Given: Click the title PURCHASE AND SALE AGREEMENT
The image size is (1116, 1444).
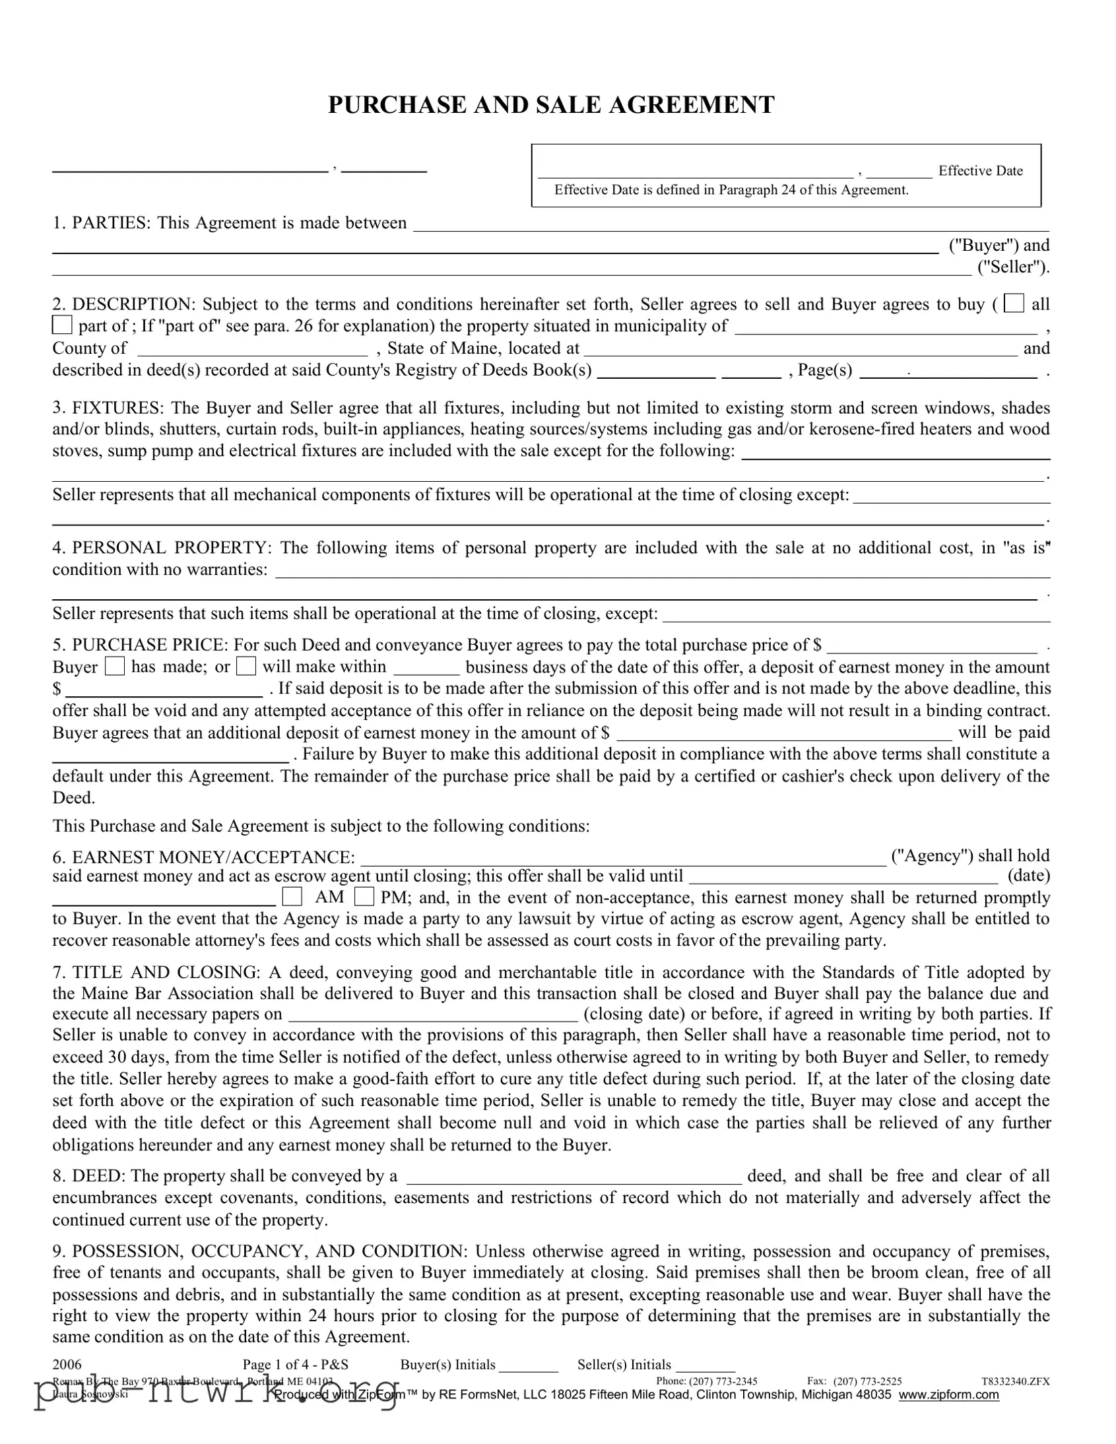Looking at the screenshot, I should click(550, 105).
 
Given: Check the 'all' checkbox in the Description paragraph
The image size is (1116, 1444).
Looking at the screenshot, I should click(1014, 304).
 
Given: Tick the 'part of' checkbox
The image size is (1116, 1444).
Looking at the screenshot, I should click(62, 325).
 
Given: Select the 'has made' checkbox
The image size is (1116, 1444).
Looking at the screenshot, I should click(114, 666).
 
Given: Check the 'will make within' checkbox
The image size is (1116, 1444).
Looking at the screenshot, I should click(246, 666).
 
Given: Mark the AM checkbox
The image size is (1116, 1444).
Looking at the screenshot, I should click(292, 896).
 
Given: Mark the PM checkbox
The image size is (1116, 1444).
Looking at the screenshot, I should click(364, 896).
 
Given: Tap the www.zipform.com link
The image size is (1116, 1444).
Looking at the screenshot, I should click(948, 1395).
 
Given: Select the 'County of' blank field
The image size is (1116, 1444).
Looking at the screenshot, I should click(253, 349).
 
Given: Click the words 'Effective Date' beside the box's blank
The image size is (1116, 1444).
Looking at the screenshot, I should click(980, 170).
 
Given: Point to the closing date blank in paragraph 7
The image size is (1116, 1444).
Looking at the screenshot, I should click(433, 1015).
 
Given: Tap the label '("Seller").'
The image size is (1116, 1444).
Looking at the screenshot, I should click(1014, 267).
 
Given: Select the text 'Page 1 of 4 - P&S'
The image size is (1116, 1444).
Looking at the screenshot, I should click(296, 1365).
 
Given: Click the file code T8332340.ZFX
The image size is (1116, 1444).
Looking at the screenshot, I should click(1016, 1381).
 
